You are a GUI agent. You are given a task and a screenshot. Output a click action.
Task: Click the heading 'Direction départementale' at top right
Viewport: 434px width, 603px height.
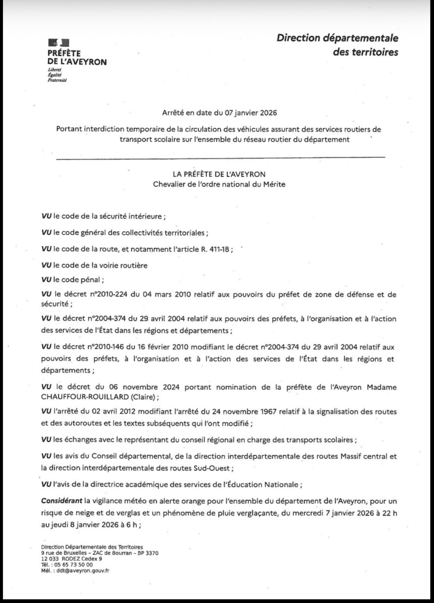coord(338,38)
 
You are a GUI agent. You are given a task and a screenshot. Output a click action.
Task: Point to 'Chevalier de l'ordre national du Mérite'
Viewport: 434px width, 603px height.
coord(219,184)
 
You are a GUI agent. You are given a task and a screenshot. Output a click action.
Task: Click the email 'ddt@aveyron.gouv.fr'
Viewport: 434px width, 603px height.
coord(83,570)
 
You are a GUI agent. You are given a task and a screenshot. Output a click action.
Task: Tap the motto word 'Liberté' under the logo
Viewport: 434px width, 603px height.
coord(54,70)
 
